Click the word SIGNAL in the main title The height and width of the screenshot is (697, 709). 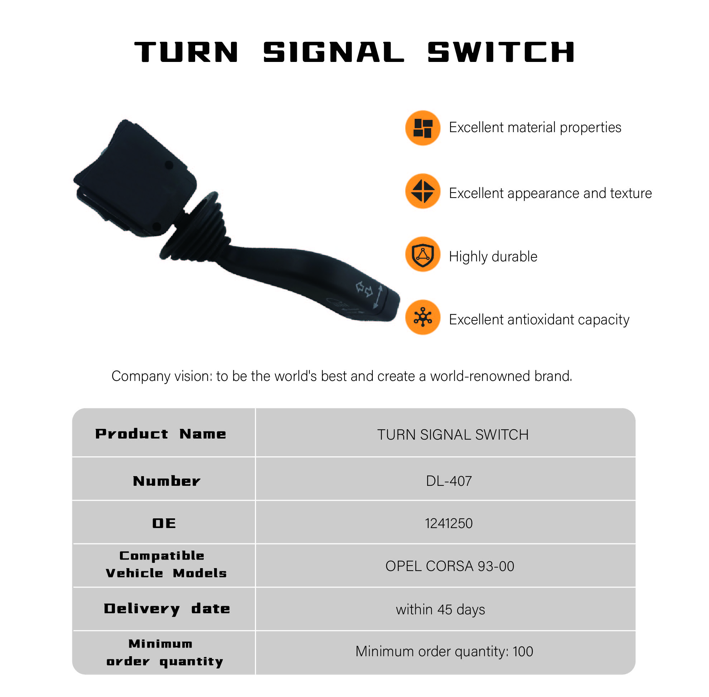[x=333, y=52]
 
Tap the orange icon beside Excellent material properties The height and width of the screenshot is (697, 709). [x=423, y=128]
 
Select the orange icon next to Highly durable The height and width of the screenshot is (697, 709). [x=423, y=254]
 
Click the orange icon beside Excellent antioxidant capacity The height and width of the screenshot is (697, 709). [x=423, y=317]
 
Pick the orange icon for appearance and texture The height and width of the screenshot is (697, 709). [x=423, y=191]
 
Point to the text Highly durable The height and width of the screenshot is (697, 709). [x=493, y=257]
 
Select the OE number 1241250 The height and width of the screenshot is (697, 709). [x=449, y=523]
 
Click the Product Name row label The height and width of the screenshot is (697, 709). [x=161, y=434]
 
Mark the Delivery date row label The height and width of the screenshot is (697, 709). [x=167, y=609]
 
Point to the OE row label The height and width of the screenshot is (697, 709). [x=164, y=523]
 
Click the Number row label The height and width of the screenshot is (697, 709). [x=167, y=481]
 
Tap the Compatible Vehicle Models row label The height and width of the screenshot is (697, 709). [x=166, y=564]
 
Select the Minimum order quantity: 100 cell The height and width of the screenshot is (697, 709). [x=444, y=652]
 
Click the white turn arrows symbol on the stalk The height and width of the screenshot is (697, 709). [x=364, y=289]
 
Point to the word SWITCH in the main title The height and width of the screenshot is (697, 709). [x=501, y=52]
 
